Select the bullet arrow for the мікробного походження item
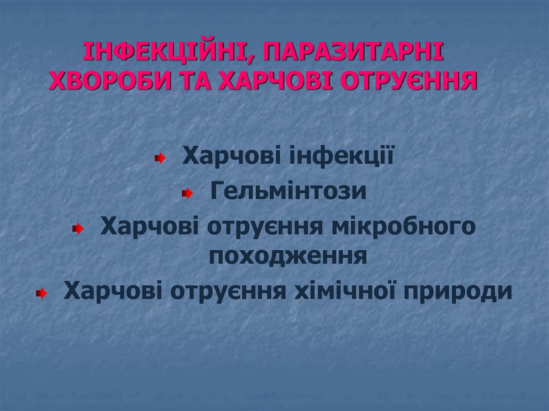78,229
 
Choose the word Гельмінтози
288,191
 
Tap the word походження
288,256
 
